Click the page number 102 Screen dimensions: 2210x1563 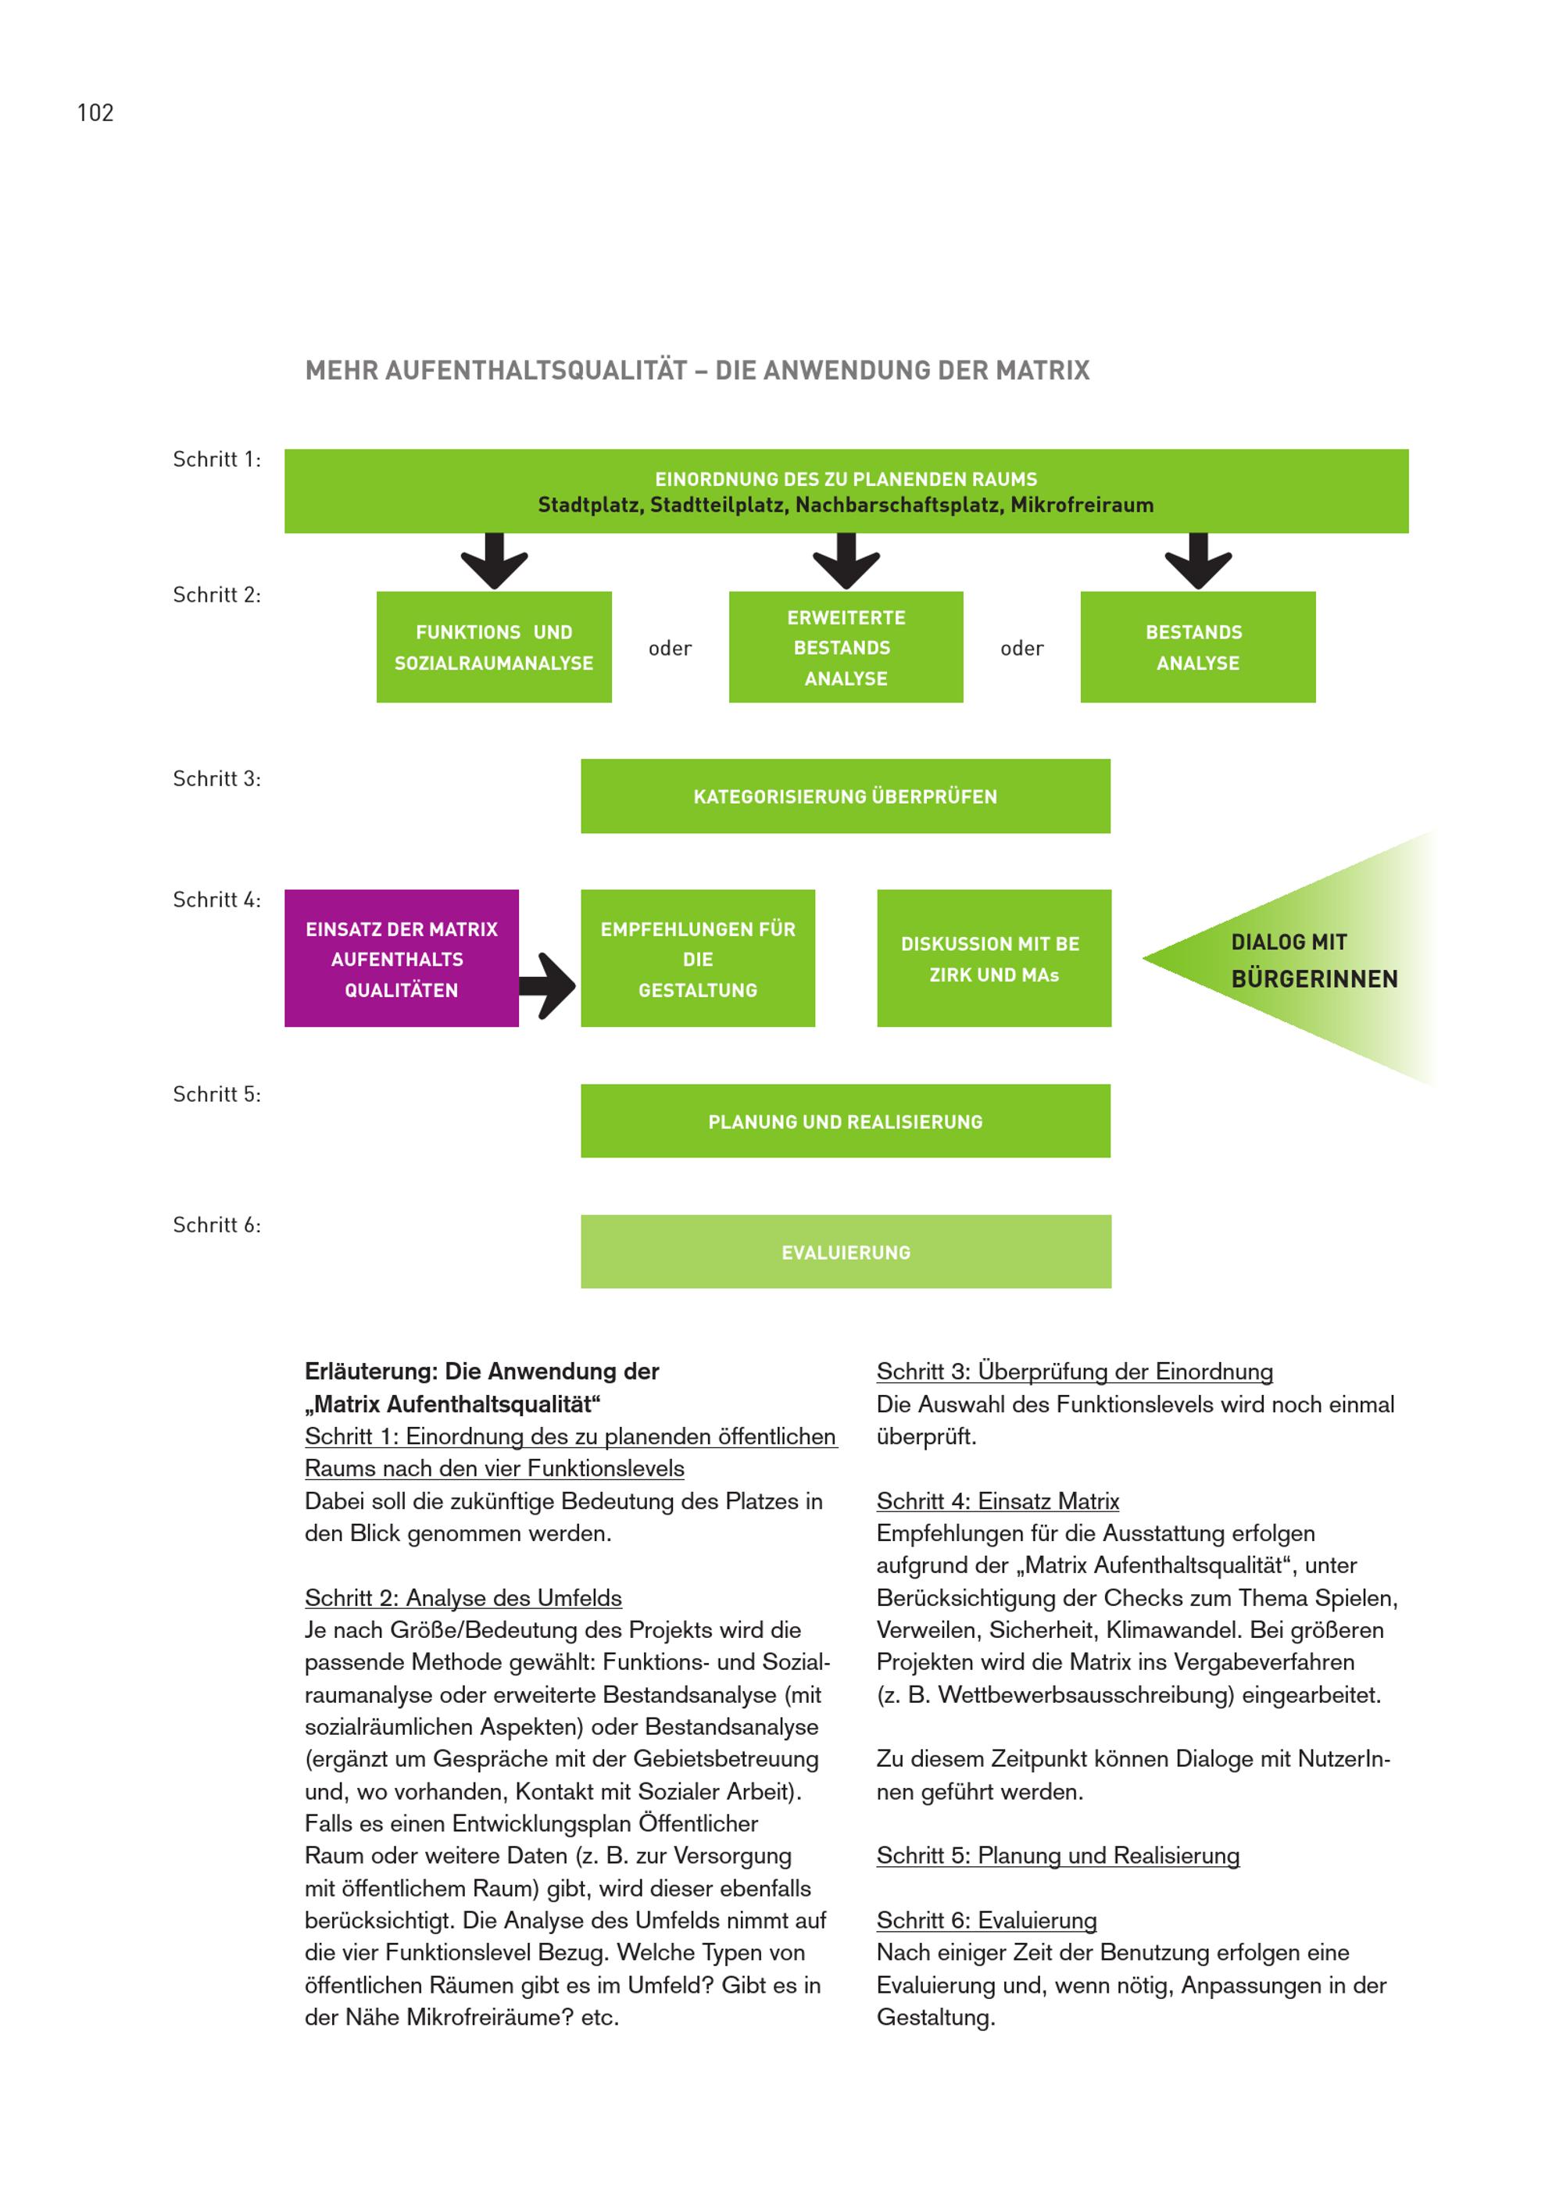tap(95, 113)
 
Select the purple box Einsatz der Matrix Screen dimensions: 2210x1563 tap(402, 959)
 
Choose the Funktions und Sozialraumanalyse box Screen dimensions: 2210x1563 tap(494, 647)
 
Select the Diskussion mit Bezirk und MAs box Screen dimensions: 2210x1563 tap(993, 959)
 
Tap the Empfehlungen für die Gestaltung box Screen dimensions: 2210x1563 tap(698, 959)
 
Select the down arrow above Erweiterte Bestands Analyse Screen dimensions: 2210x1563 tap(846, 561)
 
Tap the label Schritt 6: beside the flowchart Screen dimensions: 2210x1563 tap(216, 1225)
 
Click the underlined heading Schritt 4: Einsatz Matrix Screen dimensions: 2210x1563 tap(997, 1501)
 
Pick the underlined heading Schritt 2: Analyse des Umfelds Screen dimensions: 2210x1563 tap(463, 1598)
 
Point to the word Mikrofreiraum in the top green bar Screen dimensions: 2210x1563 tap(1082, 506)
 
